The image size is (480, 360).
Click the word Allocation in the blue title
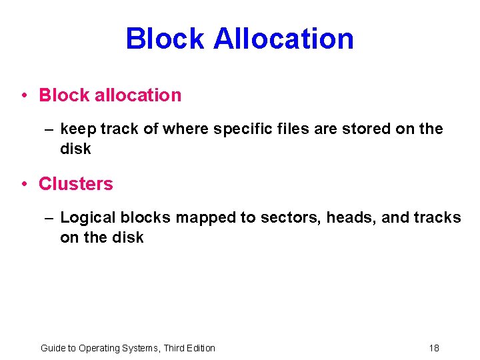click(x=283, y=39)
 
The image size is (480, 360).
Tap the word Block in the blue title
click(x=166, y=39)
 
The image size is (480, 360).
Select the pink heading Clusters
click(x=76, y=184)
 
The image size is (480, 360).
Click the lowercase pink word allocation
click(x=138, y=95)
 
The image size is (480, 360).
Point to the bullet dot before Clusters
click(x=24, y=184)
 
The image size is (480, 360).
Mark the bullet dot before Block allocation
click(x=24, y=95)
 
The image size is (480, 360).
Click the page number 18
click(x=434, y=348)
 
